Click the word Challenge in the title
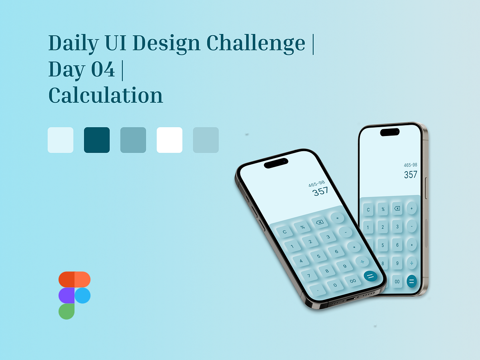(x=256, y=43)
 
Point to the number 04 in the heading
(x=103, y=70)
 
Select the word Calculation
(x=106, y=96)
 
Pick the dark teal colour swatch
(x=97, y=140)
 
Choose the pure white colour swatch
(x=169, y=140)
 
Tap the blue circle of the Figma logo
(x=82, y=296)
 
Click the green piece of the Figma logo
(x=67, y=311)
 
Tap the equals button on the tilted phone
(x=370, y=276)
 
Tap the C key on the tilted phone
(x=285, y=232)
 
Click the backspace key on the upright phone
(x=397, y=209)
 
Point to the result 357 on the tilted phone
(x=320, y=192)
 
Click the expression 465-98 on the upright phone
(x=410, y=165)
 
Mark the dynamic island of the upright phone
(x=390, y=132)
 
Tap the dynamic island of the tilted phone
(x=276, y=163)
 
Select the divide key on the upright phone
(x=411, y=263)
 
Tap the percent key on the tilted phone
(x=302, y=227)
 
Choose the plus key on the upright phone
(x=412, y=208)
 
